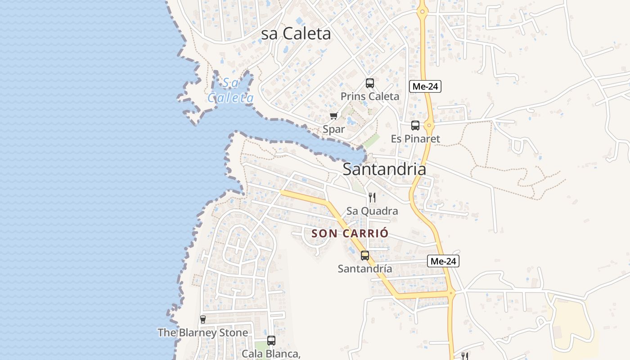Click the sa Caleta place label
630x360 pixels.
(x=296, y=34)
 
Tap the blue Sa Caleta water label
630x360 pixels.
(x=231, y=90)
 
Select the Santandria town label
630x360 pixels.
(x=384, y=169)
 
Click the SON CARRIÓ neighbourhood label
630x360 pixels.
(x=350, y=234)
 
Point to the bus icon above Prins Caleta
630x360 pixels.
(x=369, y=83)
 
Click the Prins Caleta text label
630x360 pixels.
(x=369, y=96)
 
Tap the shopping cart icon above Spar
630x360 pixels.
(x=334, y=116)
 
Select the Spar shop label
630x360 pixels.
(x=334, y=129)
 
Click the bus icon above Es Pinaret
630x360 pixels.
(x=415, y=126)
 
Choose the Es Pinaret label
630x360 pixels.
(x=415, y=139)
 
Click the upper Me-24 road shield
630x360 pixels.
(x=425, y=86)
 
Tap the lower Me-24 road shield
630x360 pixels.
(x=443, y=261)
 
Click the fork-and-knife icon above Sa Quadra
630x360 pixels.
(x=372, y=197)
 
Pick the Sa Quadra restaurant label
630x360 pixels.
(x=372, y=211)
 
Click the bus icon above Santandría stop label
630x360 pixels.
(x=365, y=256)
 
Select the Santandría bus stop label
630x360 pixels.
(x=365, y=269)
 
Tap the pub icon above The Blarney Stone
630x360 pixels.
(x=203, y=319)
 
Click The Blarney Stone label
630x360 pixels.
(x=203, y=333)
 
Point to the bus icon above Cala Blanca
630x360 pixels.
(x=271, y=341)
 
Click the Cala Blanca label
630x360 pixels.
(x=271, y=354)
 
